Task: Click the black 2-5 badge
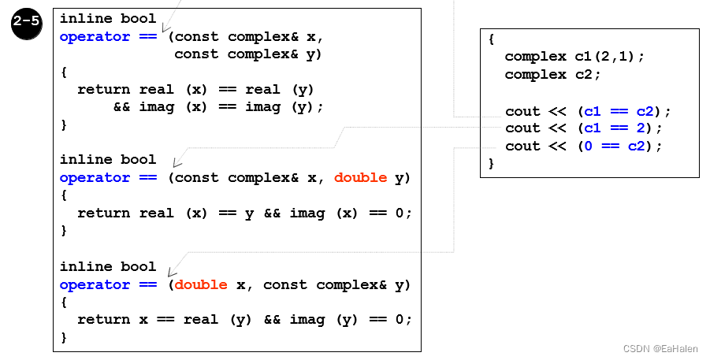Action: tap(27, 23)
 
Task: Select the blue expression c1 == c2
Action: tap(623, 111)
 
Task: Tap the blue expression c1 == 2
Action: tap(619, 128)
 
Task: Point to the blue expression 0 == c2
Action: tap(619, 147)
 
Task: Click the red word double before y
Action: tap(360, 178)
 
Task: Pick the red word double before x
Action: tap(201, 284)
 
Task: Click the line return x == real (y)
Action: tap(244, 320)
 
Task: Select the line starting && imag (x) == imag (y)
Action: tap(218, 107)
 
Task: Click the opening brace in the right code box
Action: tap(491, 39)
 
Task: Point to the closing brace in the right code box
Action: tap(491, 164)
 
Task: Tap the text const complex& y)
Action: tap(247, 54)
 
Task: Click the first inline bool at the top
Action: tap(108, 19)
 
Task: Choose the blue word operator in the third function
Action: tap(95, 284)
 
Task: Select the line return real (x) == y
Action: tap(244, 213)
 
